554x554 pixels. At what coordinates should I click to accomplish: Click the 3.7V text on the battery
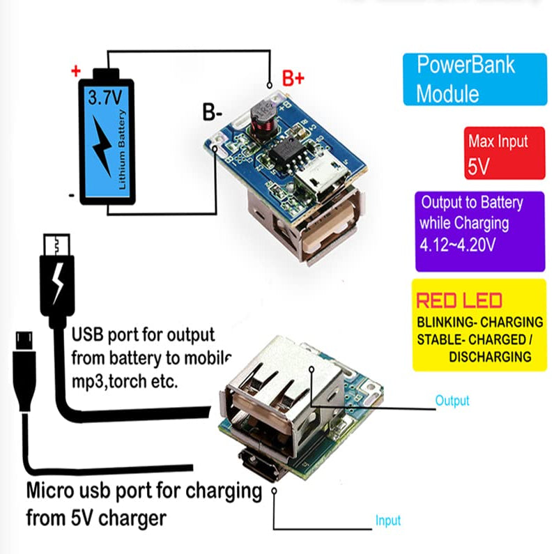104,98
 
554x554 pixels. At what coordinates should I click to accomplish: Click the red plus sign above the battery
76,70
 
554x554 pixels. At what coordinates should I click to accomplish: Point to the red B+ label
293,79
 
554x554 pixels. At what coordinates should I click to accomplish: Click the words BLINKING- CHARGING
479,323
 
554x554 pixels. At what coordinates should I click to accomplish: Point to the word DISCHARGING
490,357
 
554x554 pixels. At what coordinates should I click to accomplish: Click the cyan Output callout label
452,401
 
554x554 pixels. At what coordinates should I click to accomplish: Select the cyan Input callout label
388,521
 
